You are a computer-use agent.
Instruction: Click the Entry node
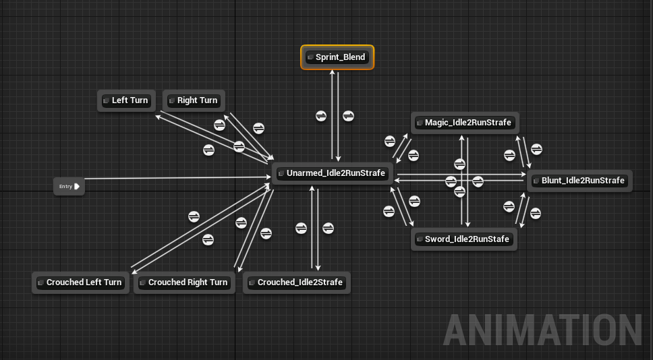click(x=69, y=187)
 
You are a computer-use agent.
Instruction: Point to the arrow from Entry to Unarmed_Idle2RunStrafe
click(x=175, y=179)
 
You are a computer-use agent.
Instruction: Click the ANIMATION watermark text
click(x=543, y=330)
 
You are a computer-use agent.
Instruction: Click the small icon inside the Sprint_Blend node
click(x=310, y=58)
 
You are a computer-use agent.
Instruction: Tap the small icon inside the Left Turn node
click(x=107, y=100)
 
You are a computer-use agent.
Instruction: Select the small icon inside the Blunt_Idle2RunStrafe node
click(x=536, y=181)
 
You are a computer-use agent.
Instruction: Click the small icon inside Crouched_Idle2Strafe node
click(x=252, y=282)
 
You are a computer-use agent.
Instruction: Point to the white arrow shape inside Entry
click(x=77, y=187)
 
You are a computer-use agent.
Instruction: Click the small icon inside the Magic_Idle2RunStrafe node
click(x=420, y=123)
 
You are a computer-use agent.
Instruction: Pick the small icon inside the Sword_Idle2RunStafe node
click(x=420, y=239)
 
